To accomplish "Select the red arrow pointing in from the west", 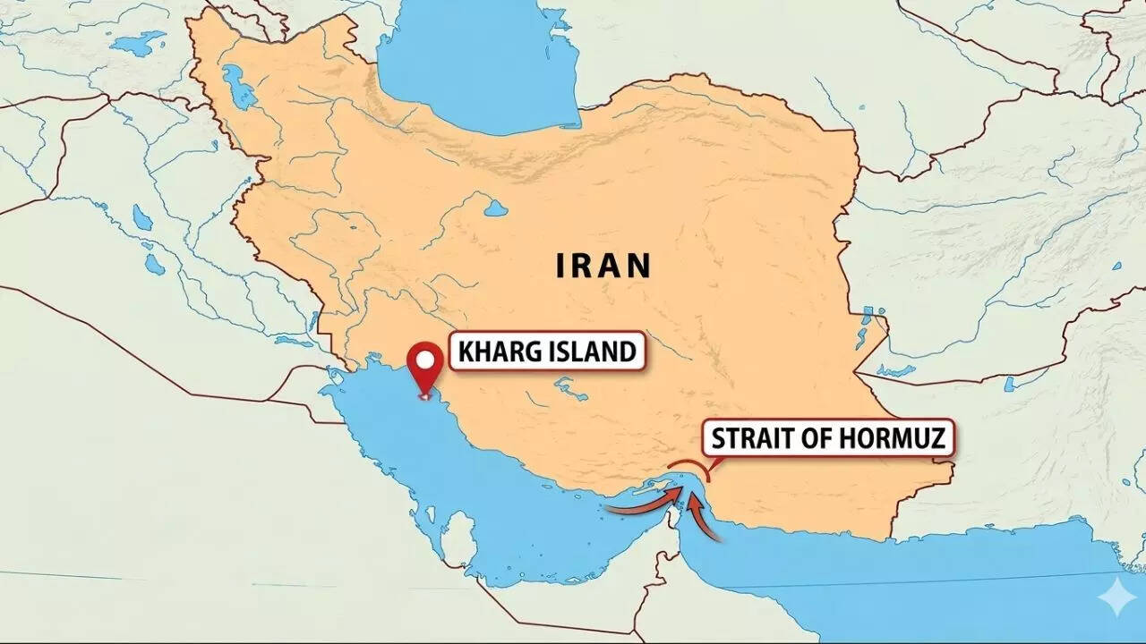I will (x=637, y=507).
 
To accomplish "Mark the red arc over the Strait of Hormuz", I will (x=689, y=466).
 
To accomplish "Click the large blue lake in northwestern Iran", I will (x=238, y=87).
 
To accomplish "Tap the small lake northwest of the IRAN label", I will (x=496, y=208).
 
